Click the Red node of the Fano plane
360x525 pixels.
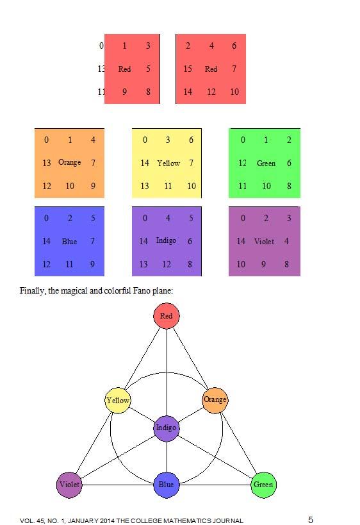[x=167, y=316]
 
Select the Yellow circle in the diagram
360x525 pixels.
[x=118, y=400]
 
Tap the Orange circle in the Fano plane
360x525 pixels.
[x=215, y=400]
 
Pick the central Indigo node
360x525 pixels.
[x=167, y=428]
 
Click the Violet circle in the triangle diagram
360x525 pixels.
[x=69, y=485]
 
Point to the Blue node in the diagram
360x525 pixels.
[x=167, y=485]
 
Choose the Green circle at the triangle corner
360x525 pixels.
[x=264, y=485]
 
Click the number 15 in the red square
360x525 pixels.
[x=188, y=69]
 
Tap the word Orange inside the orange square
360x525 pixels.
[x=70, y=162]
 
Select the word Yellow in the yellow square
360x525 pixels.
[x=168, y=163]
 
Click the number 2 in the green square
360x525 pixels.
[x=289, y=140]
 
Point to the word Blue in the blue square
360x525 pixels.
[x=69, y=242]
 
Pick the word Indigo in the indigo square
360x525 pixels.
[x=167, y=241]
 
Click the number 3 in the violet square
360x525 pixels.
[x=289, y=218]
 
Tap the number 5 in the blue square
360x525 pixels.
[x=93, y=218]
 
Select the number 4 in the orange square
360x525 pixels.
[x=93, y=140]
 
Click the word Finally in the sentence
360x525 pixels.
[x=32, y=290]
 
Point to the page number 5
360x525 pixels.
[x=311, y=519]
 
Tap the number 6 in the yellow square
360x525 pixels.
[x=191, y=140]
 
